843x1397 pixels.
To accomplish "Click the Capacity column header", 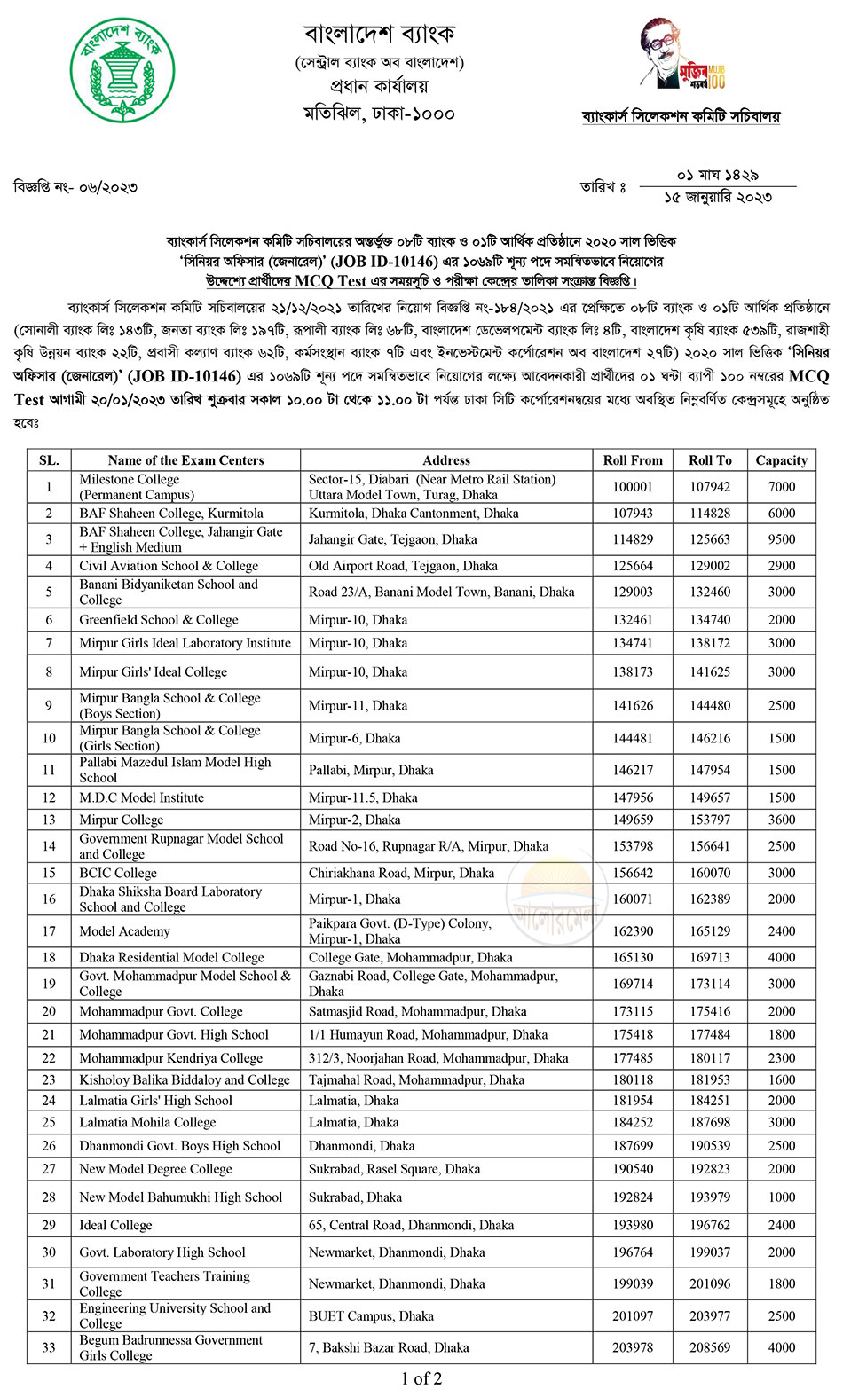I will [x=781, y=460].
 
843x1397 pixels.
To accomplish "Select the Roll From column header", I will [x=633, y=460].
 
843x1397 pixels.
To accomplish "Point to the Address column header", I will [x=446, y=460].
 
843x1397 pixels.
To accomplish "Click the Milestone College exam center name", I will [x=130, y=480].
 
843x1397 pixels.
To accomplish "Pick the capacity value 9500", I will [x=781, y=539].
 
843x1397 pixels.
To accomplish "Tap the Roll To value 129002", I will [x=710, y=566].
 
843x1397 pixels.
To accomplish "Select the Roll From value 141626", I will [x=633, y=706].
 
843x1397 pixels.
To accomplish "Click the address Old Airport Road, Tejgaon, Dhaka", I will [x=403, y=566].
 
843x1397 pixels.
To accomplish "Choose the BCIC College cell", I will [x=118, y=873].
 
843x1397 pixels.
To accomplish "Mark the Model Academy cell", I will [x=124, y=931].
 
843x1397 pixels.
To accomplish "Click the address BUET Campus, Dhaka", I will [x=371, y=1316].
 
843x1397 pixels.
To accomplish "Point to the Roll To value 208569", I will [x=710, y=1347].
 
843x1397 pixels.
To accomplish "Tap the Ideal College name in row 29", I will [x=115, y=1226].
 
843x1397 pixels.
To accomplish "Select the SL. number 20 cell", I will [x=49, y=1011].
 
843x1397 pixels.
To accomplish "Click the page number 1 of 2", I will [x=421, y=1378].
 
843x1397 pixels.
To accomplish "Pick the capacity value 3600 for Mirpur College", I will [x=781, y=820].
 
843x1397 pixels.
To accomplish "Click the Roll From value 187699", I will [x=633, y=1146].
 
